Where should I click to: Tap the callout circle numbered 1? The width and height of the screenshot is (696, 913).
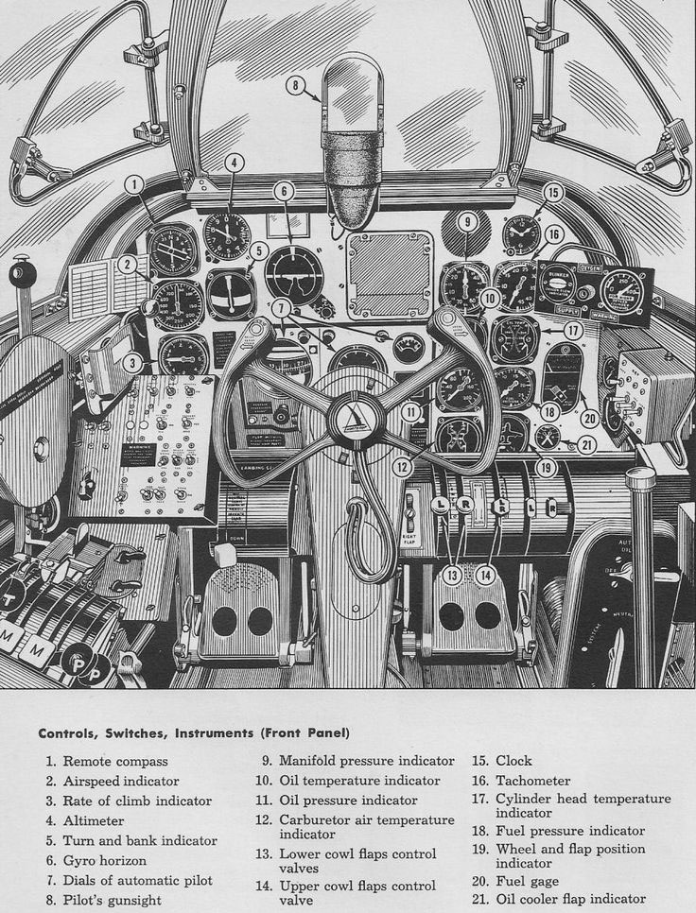(135, 183)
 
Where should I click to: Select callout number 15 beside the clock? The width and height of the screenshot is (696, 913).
(553, 193)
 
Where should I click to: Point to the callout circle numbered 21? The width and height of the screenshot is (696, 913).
(586, 444)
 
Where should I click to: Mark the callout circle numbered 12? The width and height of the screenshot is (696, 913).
(404, 465)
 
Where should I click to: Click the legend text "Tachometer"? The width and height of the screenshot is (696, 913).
(533, 781)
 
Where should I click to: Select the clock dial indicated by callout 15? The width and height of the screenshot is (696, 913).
(521, 233)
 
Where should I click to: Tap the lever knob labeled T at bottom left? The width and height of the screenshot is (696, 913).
(13, 597)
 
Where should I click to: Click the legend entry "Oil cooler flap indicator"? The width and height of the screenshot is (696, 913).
(570, 899)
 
